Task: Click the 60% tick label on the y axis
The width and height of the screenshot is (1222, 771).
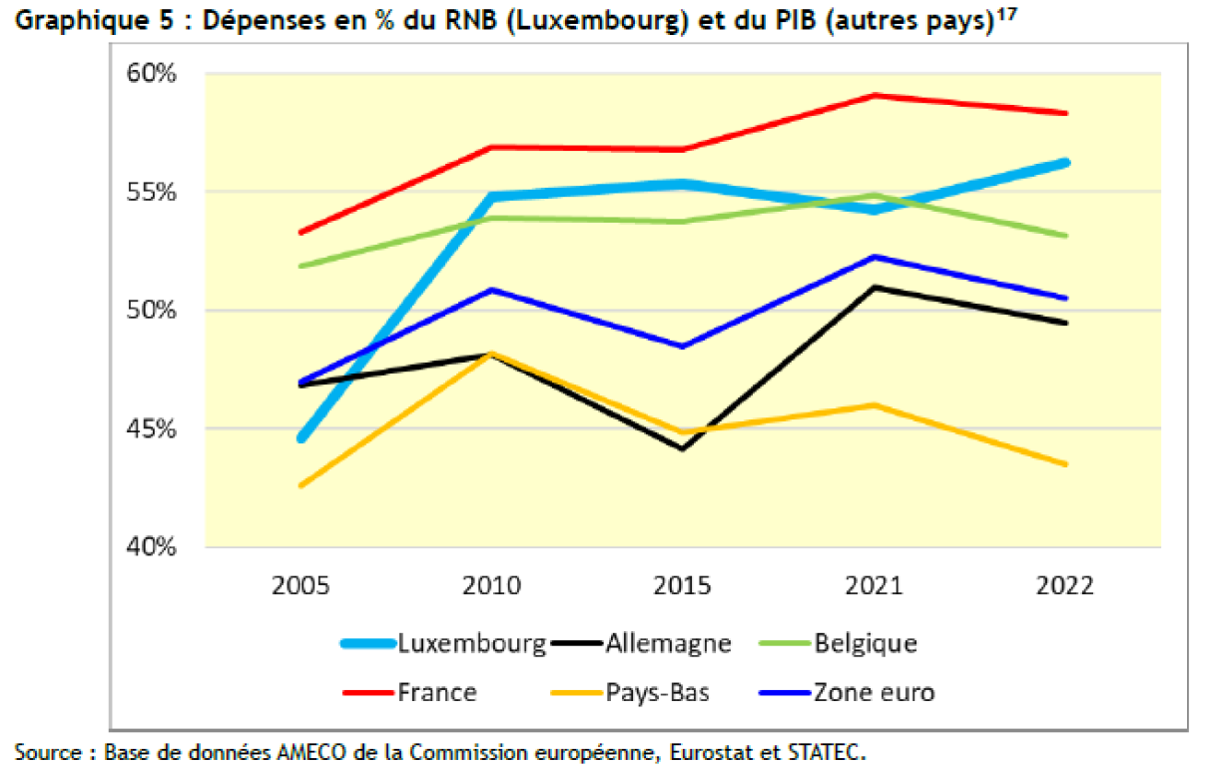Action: click(x=150, y=75)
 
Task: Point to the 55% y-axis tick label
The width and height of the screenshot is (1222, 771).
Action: click(x=150, y=192)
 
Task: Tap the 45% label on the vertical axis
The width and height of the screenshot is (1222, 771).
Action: click(x=150, y=429)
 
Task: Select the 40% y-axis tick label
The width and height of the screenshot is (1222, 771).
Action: click(x=150, y=547)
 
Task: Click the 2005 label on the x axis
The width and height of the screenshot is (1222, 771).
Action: click(x=301, y=586)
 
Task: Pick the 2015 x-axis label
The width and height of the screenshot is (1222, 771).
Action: click(x=683, y=586)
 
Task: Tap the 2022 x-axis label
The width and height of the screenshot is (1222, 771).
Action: click(x=1065, y=586)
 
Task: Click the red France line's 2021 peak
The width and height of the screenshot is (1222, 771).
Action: click(x=875, y=96)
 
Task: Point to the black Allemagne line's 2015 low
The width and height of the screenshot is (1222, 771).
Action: click(x=683, y=448)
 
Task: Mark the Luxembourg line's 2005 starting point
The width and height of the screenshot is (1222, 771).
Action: click(x=302, y=438)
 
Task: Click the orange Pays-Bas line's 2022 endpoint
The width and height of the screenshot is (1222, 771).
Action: click(x=1065, y=463)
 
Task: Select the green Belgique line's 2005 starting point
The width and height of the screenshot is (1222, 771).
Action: click(x=302, y=266)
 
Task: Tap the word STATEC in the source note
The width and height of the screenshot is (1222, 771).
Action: click(x=830, y=751)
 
